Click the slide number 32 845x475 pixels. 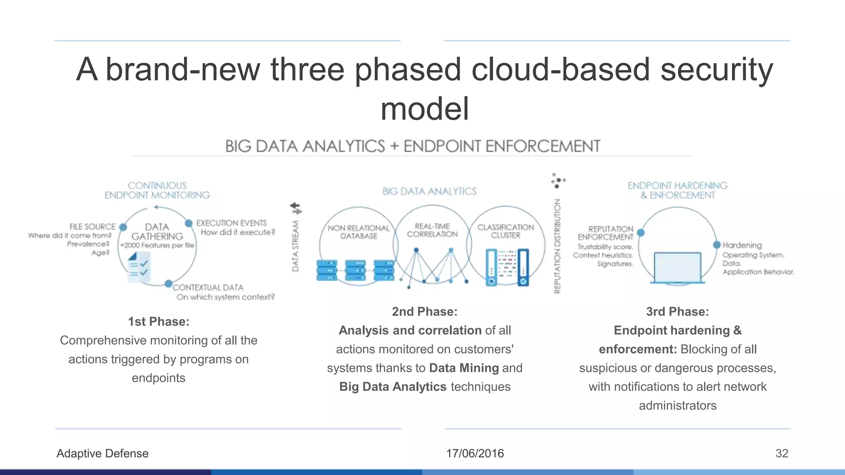(781, 453)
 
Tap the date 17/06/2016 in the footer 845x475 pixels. (475, 453)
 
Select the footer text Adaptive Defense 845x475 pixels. (102, 453)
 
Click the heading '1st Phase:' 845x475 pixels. (158, 321)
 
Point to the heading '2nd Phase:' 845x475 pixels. (425, 311)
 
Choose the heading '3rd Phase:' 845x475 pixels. (677, 311)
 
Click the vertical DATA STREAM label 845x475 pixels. (295, 246)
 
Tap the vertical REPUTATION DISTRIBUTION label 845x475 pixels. (557, 246)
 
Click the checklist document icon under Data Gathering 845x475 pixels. (139, 267)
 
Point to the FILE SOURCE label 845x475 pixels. (92, 227)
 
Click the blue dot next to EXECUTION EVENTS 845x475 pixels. (189, 223)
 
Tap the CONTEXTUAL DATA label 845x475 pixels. (208, 287)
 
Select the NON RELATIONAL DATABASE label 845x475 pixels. (359, 232)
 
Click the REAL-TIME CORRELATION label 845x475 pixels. (432, 230)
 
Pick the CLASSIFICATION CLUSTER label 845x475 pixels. (505, 231)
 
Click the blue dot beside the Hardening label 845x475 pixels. (717, 245)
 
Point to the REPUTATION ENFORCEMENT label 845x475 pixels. (605, 233)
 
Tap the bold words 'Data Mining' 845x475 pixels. (464, 368)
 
